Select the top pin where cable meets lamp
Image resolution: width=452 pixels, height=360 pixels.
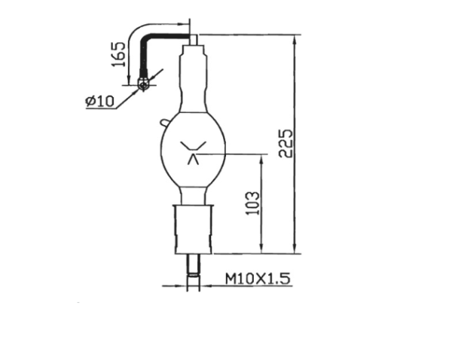pos(194,36)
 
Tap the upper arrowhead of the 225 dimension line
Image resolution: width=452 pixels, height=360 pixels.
pos(295,38)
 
